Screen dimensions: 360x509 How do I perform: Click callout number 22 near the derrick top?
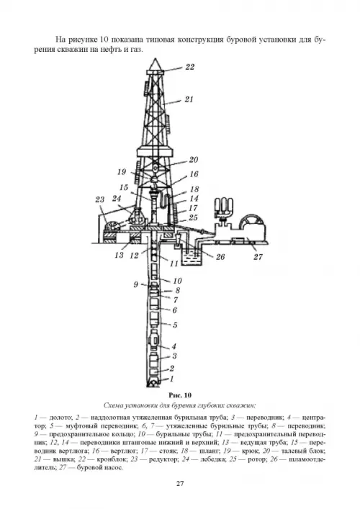pos(189,67)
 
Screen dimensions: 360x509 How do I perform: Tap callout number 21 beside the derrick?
pos(189,99)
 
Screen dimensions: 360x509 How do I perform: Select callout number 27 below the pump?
pos(258,257)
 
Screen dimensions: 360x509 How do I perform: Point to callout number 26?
pos(220,257)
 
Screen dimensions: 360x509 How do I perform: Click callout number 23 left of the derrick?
pos(100,199)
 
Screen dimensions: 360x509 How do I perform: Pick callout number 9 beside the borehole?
pos(135,284)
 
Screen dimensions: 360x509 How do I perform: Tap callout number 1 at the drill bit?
pos(172,379)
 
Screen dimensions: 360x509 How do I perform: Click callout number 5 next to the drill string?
pos(175,325)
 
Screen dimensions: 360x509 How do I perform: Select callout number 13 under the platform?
pos(119,255)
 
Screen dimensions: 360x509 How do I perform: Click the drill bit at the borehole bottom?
pos(153,383)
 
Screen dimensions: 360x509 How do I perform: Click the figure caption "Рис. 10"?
pos(180,395)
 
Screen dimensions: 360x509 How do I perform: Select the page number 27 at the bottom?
pos(180,484)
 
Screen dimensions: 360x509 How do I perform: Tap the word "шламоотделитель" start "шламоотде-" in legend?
pos(307,459)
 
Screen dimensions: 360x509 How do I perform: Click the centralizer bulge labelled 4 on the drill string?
pos(153,339)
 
